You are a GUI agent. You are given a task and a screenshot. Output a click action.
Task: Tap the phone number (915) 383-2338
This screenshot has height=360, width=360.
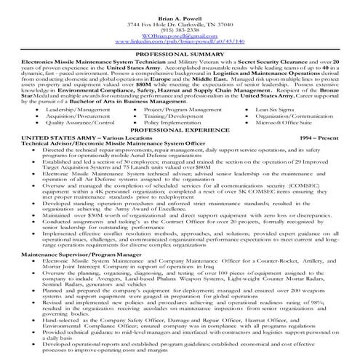180,20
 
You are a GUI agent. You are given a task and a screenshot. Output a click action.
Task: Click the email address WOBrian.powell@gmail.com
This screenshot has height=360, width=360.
180,27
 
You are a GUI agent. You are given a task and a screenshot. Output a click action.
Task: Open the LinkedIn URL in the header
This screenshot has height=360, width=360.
180,33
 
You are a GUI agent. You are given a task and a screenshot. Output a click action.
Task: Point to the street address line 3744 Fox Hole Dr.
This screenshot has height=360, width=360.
180,12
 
